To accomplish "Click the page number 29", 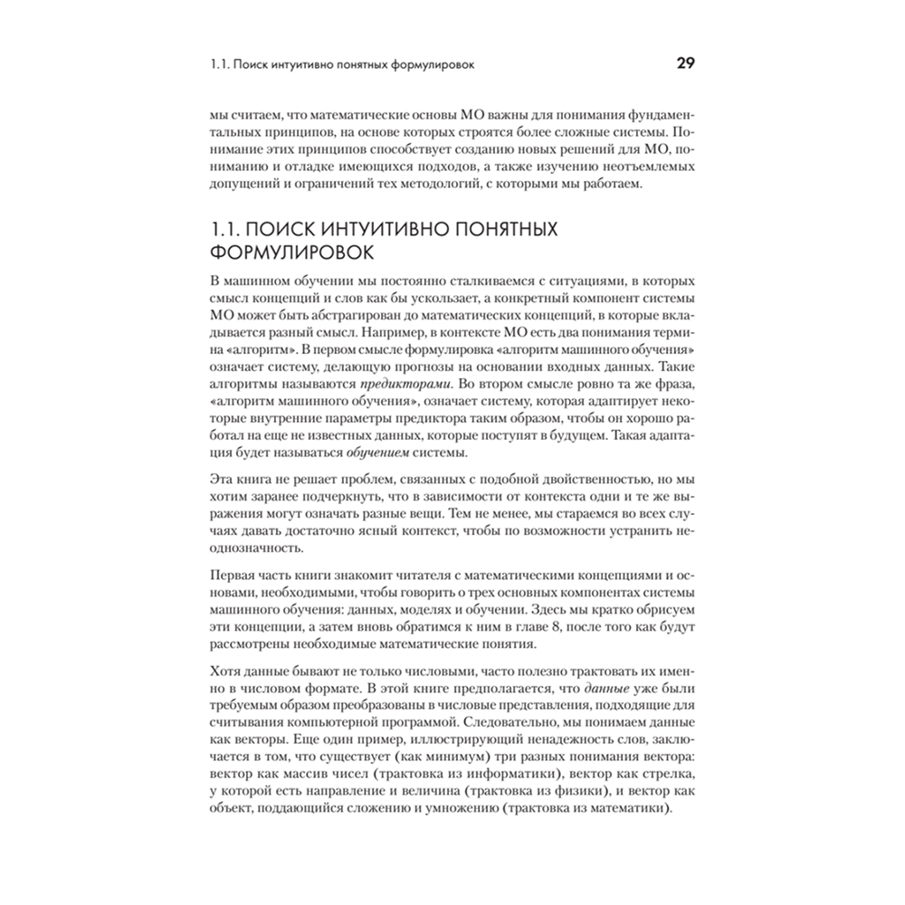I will point(685,64).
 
